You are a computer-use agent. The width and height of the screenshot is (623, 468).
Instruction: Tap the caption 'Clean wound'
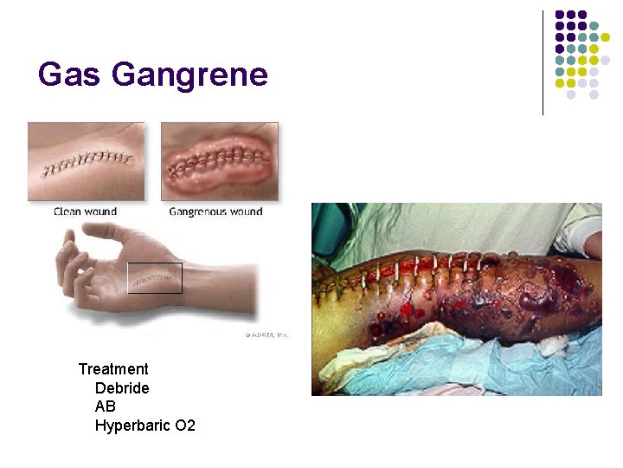click(86, 211)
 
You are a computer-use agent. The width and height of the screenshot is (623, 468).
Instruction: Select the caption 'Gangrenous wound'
click(215, 211)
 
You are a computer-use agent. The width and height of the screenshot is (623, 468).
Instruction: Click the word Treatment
click(113, 369)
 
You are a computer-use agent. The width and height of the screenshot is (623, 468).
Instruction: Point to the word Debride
click(122, 387)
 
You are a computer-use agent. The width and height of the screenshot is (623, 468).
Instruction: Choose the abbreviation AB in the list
click(106, 406)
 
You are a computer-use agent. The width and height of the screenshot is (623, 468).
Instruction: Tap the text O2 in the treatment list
click(184, 426)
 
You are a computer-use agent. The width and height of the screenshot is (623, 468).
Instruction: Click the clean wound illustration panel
click(87, 161)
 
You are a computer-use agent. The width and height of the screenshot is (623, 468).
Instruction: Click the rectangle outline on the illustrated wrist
click(155, 278)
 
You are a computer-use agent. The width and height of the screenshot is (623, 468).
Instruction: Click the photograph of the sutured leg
click(456, 299)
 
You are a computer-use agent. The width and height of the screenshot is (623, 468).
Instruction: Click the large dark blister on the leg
click(537, 299)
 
